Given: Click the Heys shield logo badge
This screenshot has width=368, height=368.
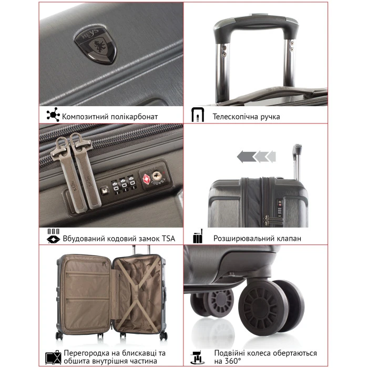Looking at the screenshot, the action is coord(96,45).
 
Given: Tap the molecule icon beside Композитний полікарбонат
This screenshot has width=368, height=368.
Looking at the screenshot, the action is coord(53,115).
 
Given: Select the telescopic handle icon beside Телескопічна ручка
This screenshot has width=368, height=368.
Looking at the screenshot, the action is coord(198,115).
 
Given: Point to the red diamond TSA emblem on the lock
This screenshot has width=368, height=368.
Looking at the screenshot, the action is coord(147,179).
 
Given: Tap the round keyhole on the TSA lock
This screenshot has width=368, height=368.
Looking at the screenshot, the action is coord(156,176).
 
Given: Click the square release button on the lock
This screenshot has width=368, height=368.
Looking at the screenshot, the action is coord(105,190).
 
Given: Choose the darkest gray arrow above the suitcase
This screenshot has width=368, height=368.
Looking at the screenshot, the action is coord(247,157).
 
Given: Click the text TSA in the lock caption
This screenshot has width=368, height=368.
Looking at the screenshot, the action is coord(169,239).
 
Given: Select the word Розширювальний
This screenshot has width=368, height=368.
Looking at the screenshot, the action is coord(244,239).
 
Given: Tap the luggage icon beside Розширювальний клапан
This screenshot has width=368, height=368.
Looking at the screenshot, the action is coord(198,236).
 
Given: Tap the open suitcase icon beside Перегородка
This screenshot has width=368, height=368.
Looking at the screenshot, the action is coord(53,357).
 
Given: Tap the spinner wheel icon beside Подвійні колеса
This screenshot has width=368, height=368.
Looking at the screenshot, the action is coord(197,357).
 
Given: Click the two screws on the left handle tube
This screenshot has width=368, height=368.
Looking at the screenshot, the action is coord(224,51).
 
